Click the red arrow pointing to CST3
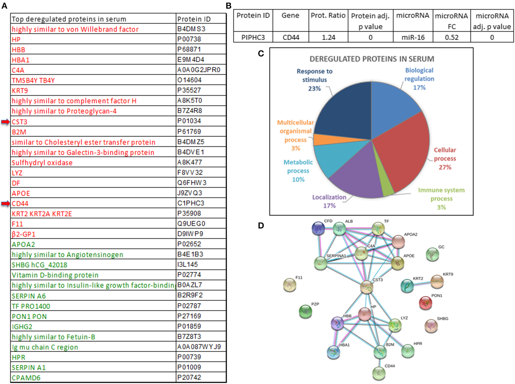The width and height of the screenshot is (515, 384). point(5,122)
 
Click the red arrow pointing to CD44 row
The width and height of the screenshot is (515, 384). point(5,204)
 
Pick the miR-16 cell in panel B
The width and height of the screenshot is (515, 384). point(413,38)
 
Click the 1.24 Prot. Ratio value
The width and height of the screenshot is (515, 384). point(328,38)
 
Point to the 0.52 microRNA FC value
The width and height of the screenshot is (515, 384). point(451,38)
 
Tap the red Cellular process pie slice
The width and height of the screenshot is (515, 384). point(404,150)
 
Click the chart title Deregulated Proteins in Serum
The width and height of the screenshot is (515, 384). point(372,59)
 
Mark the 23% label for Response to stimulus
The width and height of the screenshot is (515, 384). point(314,89)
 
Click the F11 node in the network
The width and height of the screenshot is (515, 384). point(290,285)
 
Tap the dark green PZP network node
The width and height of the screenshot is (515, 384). point(305,312)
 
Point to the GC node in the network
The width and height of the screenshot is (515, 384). point(432,255)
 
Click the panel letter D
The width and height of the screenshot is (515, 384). point(261,225)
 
